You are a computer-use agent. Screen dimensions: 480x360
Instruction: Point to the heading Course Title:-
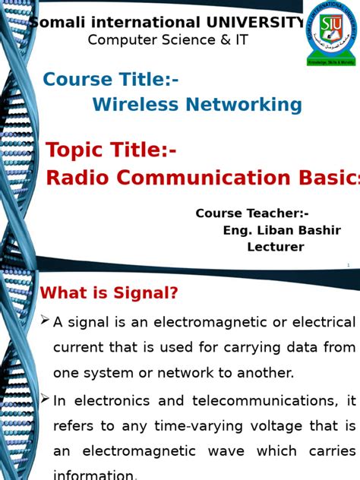coord(111,79)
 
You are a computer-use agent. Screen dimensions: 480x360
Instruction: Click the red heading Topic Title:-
coord(112,150)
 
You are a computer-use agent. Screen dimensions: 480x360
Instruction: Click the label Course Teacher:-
coord(252,213)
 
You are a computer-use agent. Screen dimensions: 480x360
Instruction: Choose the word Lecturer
coord(275,247)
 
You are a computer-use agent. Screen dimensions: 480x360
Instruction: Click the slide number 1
coord(348,265)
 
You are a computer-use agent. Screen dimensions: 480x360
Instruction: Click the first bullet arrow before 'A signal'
coord(45,321)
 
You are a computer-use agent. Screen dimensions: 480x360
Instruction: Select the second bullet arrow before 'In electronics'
coord(45,399)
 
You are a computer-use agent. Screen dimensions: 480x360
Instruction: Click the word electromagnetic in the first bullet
coord(207,322)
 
